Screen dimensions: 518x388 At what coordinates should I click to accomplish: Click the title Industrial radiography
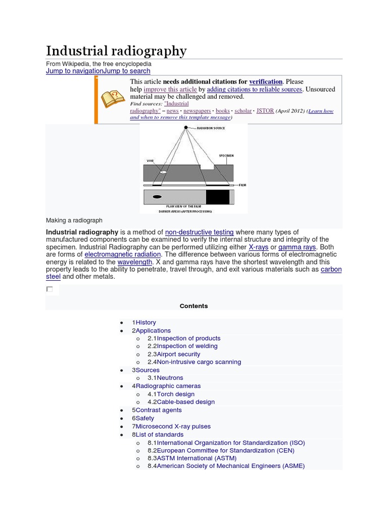pyautogui.click(x=116, y=51)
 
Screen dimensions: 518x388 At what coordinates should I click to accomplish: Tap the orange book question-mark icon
pyautogui.click(x=113, y=99)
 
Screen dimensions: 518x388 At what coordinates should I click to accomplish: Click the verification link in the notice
pyautogui.click(x=266, y=81)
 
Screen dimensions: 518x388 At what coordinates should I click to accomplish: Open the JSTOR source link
pyautogui.click(x=265, y=110)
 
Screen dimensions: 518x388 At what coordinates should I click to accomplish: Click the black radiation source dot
pyautogui.click(x=186, y=127)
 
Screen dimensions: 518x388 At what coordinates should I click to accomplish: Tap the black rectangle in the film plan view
pyautogui.click(x=217, y=196)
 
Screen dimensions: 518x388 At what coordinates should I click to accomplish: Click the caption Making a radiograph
pyautogui.click(x=74, y=221)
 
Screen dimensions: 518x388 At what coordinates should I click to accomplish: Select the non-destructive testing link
pyautogui.click(x=199, y=232)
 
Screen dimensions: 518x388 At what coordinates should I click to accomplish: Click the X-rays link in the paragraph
pyautogui.click(x=259, y=247)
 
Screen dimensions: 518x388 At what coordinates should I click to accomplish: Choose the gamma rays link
pyautogui.click(x=297, y=247)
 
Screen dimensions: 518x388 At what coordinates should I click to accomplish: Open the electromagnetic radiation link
pyautogui.click(x=123, y=254)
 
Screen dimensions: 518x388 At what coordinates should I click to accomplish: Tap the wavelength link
pyautogui.click(x=135, y=262)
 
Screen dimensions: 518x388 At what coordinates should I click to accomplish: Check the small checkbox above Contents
pyautogui.click(x=50, y=289)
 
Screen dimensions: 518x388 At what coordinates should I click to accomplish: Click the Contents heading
pyautogui.click(x=193, y=306)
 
